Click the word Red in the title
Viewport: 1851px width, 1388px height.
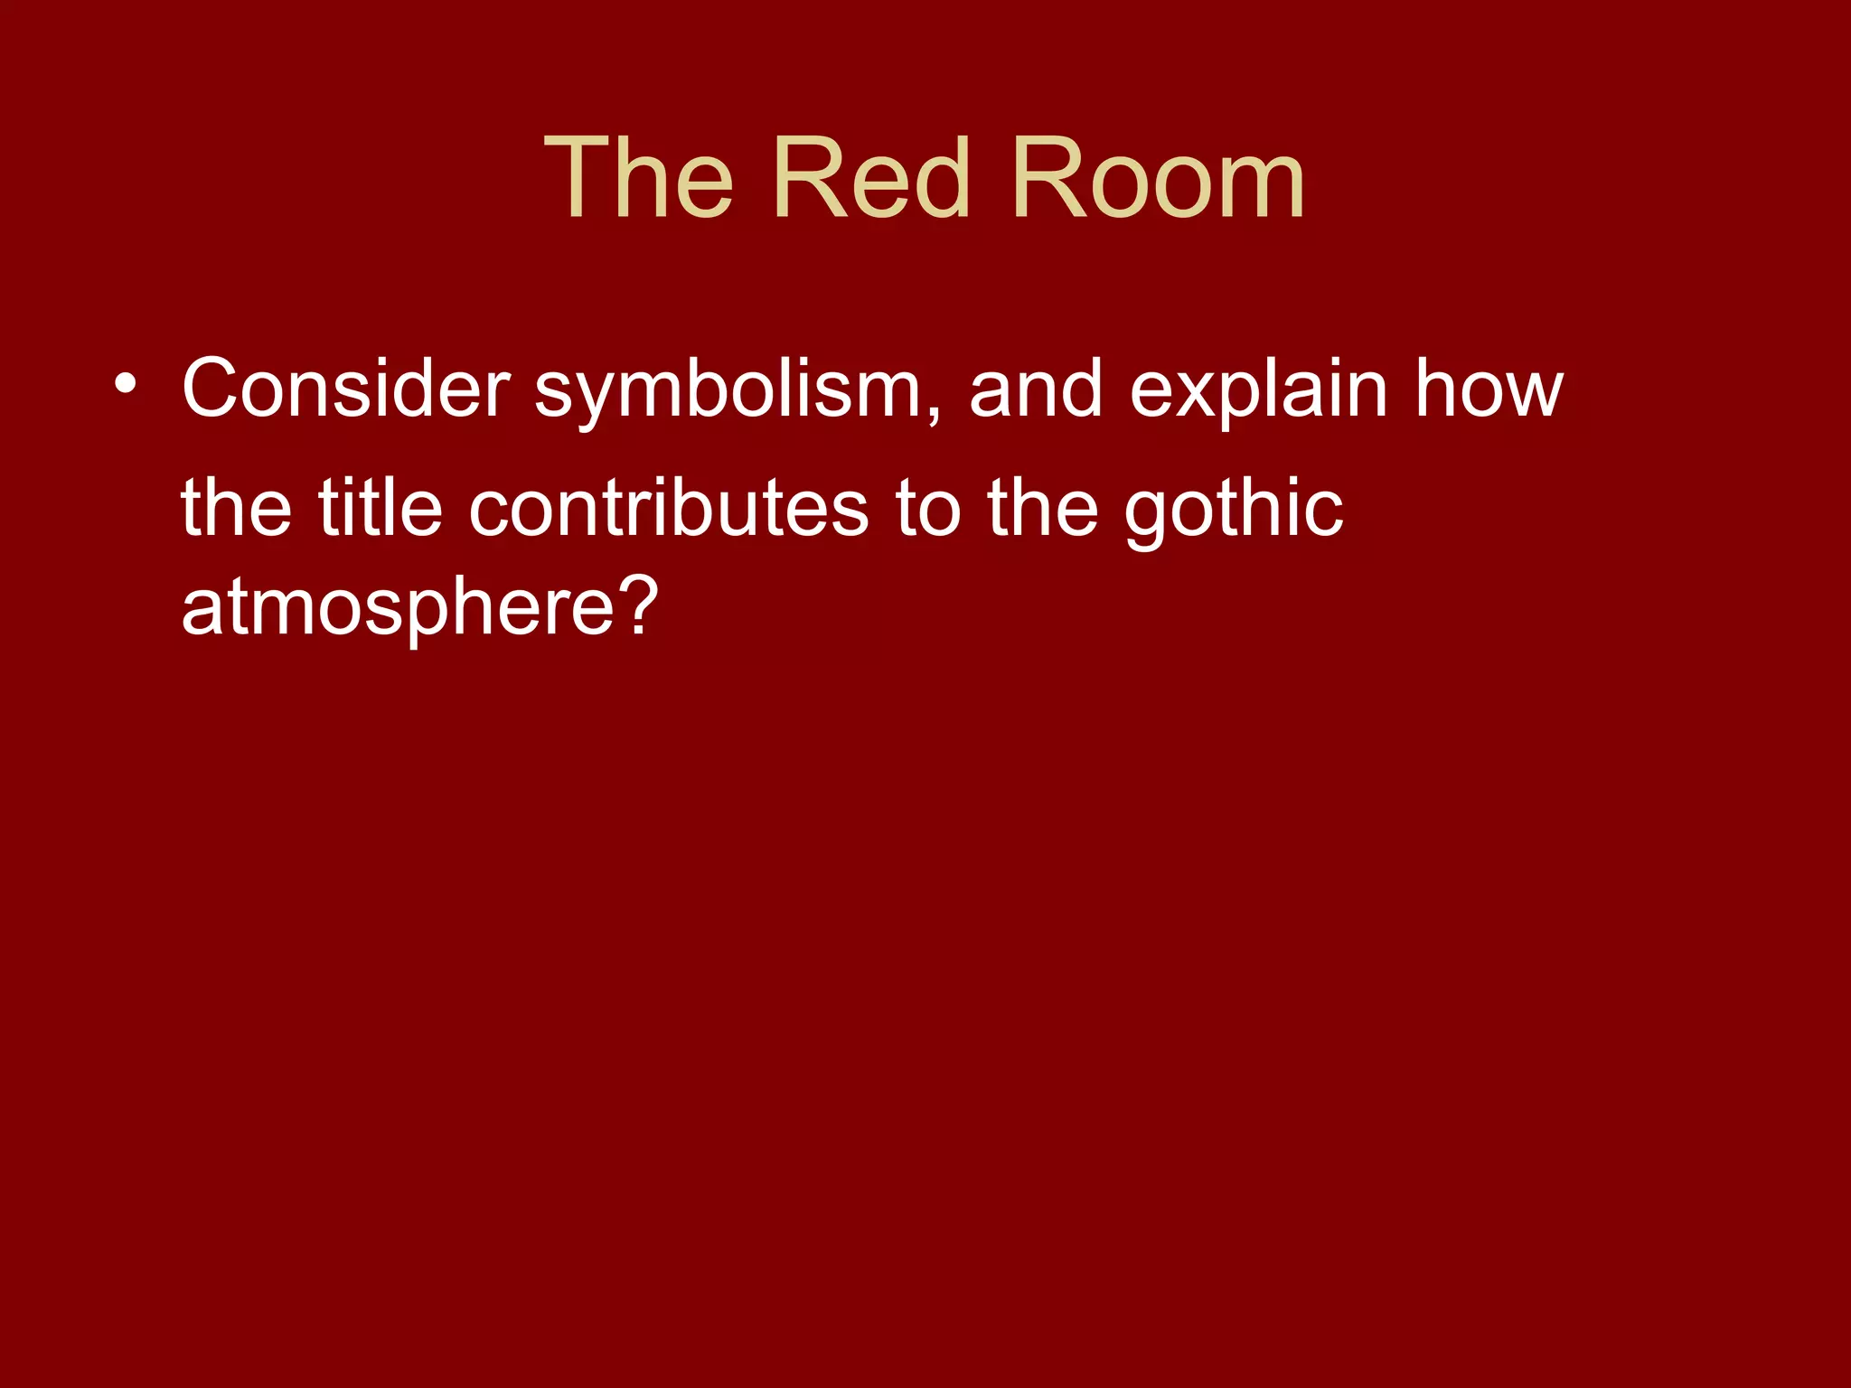click(x=871, y=178)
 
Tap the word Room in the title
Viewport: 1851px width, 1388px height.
click(x=1158, y=178)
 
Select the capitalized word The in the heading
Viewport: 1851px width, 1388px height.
click(x=638, y=178)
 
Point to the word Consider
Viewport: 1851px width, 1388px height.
click(x=346, y=389)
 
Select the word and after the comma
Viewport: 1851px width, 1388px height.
click(x=1036, y=389)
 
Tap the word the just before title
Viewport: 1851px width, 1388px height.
click(x=236, y=509)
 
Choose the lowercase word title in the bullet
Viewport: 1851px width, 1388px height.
click(x=380, y=509)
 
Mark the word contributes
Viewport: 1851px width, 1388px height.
click(x=669, y=509)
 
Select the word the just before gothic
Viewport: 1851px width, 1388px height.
click(x=1042, y=509)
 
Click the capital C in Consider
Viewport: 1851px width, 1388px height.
click(x=209, y=389)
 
